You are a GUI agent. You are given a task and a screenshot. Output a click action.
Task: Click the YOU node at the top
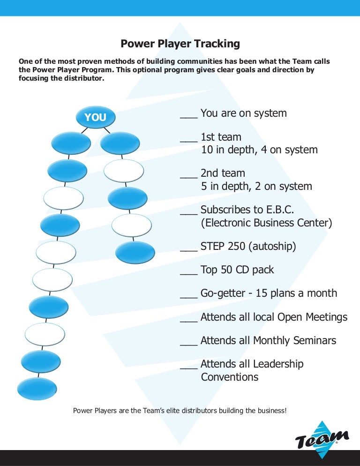point(96,117)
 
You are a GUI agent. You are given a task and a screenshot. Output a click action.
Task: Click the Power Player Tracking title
point(180,44)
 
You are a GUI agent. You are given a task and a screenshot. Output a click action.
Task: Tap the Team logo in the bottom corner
point(322,439)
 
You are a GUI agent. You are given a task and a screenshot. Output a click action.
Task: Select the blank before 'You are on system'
point(188,116)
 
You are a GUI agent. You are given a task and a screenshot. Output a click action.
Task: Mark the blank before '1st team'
point(188,140)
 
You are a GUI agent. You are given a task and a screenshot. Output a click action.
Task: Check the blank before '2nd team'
point(188,176)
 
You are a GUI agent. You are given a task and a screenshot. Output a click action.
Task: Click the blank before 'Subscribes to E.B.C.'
point(188,213)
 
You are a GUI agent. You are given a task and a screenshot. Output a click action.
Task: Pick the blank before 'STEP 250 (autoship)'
point(188,249)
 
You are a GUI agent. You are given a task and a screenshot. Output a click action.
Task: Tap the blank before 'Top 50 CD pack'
point(188,273)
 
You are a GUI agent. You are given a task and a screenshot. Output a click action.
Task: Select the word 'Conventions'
point(230,377)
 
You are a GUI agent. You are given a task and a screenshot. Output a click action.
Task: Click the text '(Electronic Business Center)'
point(266,223)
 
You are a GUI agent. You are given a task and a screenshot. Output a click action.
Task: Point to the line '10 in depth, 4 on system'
point(259,150)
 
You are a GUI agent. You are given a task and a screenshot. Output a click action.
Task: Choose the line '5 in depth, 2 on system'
point(256,186)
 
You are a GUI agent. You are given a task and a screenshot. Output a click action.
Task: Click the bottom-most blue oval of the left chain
point(37,389)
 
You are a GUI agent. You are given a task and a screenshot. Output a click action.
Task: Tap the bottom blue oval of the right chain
point(135,252)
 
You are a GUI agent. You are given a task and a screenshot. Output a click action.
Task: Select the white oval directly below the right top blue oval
point(123,171)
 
